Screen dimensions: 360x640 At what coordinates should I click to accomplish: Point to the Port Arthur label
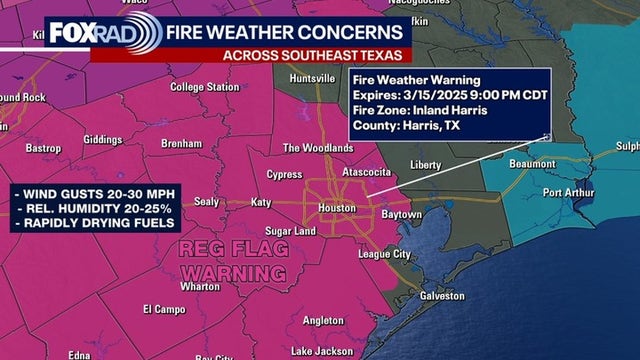coord(567,192)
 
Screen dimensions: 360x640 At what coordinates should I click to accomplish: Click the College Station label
coord(204,87)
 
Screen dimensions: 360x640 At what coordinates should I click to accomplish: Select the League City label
coord(386,254)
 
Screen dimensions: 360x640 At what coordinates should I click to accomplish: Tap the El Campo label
coord(160,309)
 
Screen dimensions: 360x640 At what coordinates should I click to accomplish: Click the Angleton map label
coord(323,321)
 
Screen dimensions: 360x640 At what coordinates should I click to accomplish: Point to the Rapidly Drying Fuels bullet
coord(96,221)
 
